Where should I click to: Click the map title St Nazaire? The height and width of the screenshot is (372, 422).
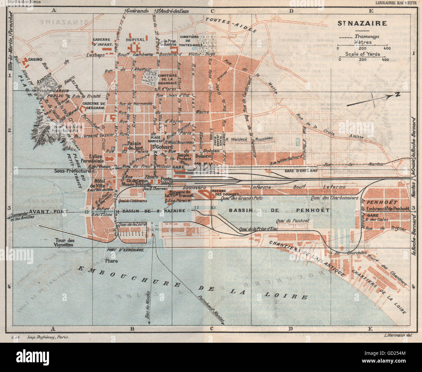362,23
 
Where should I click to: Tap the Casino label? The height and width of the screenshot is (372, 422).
34,60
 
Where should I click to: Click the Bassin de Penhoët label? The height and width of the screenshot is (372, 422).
279,210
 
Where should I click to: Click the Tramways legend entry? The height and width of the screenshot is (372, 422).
367,37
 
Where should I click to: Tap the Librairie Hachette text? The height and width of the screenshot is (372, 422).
396,3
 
